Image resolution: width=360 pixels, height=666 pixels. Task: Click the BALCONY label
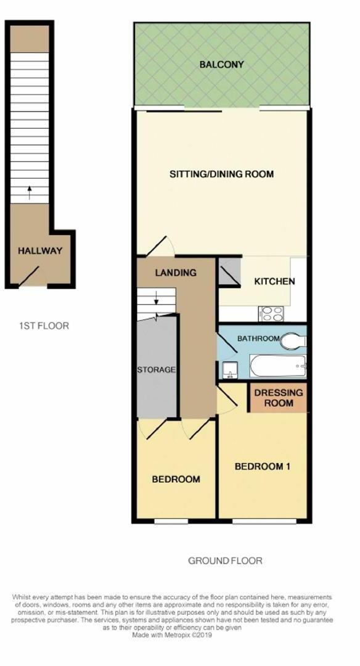(221, 65)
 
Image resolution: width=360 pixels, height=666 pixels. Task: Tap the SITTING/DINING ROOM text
(221, 174)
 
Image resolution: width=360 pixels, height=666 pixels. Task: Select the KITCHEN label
(274, 281)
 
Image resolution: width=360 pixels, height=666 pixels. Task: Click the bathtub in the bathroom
(278, 366)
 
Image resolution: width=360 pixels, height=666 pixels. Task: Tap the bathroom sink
(230, 370)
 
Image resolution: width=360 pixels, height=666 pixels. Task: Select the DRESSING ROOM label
(279, 398)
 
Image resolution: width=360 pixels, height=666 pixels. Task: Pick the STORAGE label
(156, 369)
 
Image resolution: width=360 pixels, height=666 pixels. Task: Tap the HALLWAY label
(40, 250)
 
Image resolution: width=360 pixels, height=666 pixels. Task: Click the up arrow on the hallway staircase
(29, 192)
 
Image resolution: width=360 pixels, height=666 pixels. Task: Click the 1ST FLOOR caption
(44, 326)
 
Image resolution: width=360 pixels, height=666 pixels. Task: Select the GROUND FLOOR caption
(225, 561)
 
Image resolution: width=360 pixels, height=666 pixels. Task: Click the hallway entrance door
(29, 276)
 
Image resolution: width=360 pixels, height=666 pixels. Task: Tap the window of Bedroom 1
(264, 520)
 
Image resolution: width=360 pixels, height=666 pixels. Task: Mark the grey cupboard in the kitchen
(230, 272)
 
